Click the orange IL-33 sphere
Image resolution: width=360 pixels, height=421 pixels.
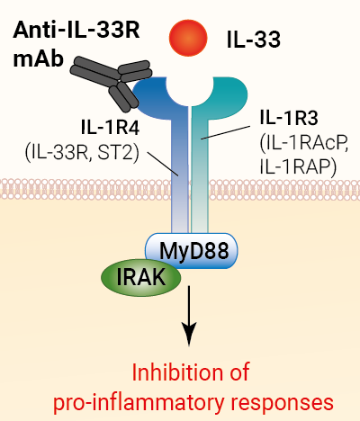click(x=188, y=38)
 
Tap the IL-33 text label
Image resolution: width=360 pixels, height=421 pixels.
click(x=254, y=40)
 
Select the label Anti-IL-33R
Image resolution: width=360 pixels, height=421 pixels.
click(x=76, y=30)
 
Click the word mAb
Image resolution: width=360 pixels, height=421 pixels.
click(x=38, y=58)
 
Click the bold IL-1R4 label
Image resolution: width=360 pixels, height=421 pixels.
click(x=110, y=128)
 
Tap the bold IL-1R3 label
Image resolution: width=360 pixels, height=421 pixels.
click(x=289, y=117)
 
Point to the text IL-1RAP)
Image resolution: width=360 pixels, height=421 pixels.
click(x=298, y=166)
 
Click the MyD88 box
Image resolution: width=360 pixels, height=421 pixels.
click(x=192, y=250)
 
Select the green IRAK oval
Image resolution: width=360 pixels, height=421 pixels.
click(x=141, y=278)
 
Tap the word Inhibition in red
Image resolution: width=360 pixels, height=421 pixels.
click(x=174, y=372)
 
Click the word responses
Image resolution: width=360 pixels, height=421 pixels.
click(x=283, y=403)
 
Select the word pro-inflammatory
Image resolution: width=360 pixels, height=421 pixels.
click(x=139, y=402)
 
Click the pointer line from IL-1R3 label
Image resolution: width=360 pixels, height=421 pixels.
click(x=226, y=132)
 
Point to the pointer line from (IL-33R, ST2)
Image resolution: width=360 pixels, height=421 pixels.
click(x=163, y=164)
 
